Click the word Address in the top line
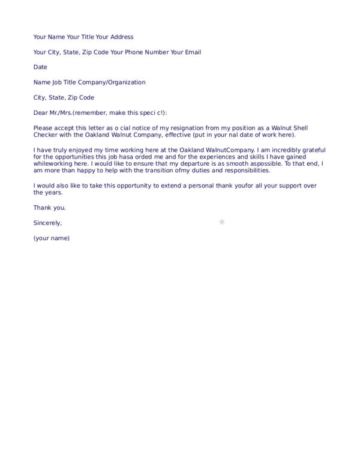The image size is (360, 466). pos(122,37)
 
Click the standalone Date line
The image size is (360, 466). pos(40,67)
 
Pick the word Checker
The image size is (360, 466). pos(46,135)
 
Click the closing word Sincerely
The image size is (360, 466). pos(48,223)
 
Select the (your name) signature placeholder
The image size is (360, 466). pos(52,238)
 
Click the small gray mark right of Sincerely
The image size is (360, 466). pos(221,222)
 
